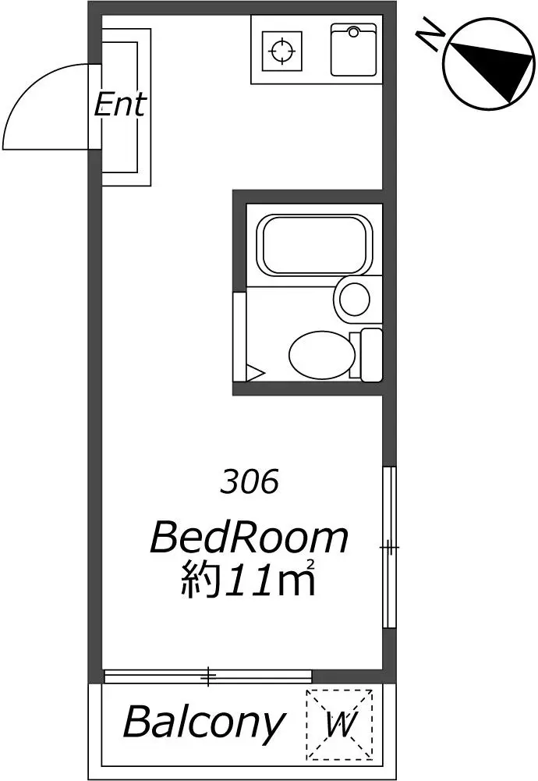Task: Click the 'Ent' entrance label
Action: click(x=120, y=105)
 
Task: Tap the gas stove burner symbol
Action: click(x=281, y=51)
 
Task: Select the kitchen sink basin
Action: click(x=353, y=50)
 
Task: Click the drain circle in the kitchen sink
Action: click(x=353, y=32)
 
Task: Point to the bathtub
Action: click(x=314, y=244)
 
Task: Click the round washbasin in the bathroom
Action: click(x=354, y=298)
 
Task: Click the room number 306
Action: click(x=249, y=482)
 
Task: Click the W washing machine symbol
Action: click(x=340, y=726)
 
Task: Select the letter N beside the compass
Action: click(x=431, y=36)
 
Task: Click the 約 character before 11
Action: click(x=202, y=580)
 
